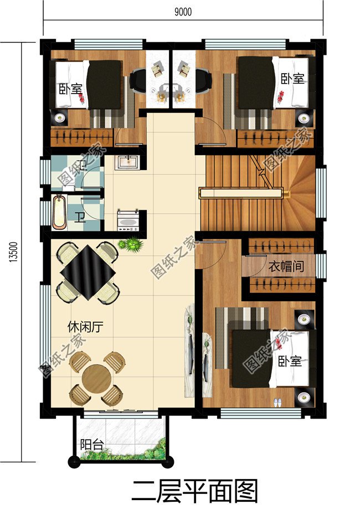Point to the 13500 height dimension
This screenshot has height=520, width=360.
(12, 252)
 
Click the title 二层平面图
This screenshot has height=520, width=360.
(195, 491)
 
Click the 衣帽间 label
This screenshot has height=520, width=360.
(286, 266)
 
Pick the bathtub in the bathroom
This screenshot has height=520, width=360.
(59, 212)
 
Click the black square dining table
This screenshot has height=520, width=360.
(89, 271)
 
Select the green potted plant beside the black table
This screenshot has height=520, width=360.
(132, 244)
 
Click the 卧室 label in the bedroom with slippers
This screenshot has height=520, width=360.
(290, 362)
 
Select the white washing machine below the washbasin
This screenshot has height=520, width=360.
(128, 220)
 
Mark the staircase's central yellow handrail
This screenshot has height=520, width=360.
(241, 193)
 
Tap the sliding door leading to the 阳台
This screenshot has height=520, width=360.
(119, 411)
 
